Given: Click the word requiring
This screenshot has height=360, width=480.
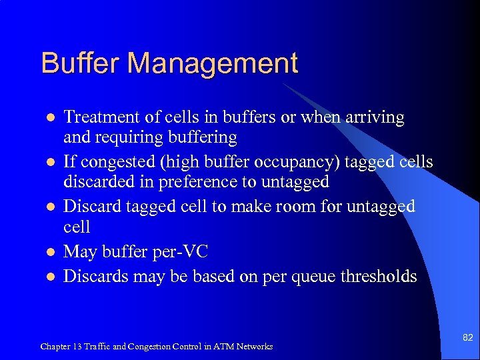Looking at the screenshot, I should (x=131, y=138).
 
